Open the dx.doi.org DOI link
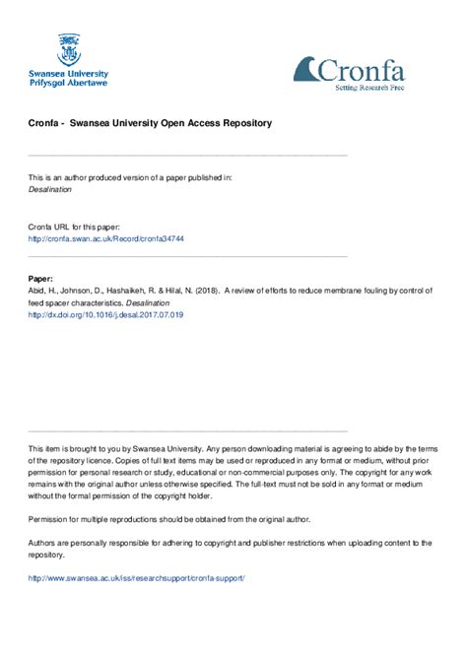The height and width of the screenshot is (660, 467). click(105, 315)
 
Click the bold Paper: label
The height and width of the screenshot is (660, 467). click(40, 279)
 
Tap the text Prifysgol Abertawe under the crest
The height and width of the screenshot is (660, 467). click(68, 83)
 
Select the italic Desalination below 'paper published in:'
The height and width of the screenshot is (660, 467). click(52, 188)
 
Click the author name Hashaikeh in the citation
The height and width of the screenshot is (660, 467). click(147, 292)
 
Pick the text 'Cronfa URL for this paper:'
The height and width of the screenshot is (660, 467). click(77, 227)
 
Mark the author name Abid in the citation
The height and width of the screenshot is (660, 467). click(37, 292)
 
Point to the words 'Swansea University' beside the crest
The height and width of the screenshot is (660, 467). click(68, 73)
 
